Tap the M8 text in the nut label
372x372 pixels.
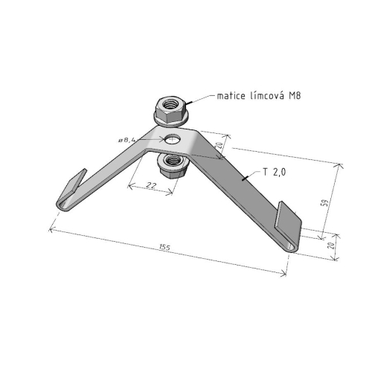click(295, 96)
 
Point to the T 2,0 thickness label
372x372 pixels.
click(275, 172)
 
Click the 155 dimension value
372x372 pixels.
click(164, 247)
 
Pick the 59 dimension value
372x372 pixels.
click(325, 202)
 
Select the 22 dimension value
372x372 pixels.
click(151, 185)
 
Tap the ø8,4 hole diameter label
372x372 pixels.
click(127, 140)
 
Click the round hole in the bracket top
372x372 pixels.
click(173, 139)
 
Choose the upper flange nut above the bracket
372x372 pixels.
click(172, 112)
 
